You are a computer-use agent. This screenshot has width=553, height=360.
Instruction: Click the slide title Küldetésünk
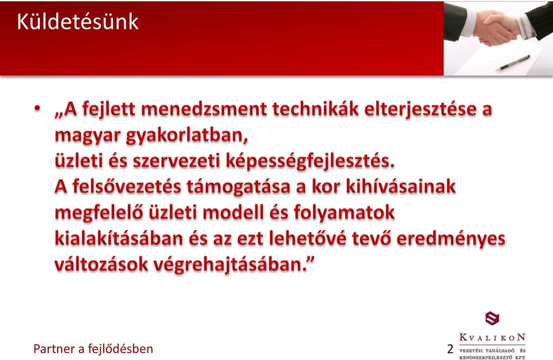click(78, 22)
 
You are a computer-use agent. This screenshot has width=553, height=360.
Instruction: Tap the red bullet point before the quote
click(37, 108)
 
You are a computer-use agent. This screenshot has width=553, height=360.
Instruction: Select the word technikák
click(315, 109)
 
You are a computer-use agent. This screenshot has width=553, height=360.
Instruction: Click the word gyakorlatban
click(187, 136)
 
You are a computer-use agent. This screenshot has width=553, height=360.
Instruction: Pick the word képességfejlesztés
click(310, 162)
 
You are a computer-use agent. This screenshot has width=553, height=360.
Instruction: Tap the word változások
click(101, 265)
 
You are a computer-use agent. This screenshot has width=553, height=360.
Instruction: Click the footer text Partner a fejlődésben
click(93, 348)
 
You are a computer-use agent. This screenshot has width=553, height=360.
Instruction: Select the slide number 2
click(450, 348)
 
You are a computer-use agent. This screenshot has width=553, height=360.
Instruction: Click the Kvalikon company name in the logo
click(493, 338)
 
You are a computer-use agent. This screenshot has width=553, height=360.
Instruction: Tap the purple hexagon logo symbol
click(492, 318)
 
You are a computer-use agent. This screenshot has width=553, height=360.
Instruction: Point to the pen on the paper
click(513, 63)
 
